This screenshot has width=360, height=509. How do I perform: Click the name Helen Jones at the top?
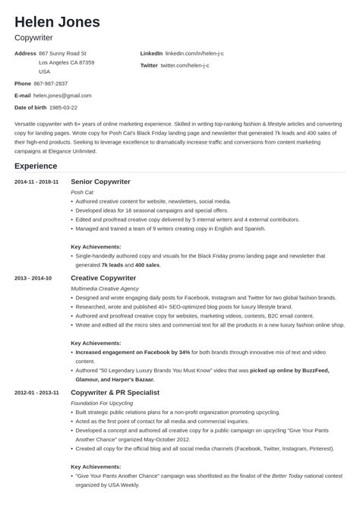[56, 21]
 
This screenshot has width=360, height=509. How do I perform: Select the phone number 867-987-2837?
[51, 83]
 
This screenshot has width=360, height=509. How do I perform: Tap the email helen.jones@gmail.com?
[62, 96]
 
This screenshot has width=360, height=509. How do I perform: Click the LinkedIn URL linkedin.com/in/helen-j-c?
[198, 54]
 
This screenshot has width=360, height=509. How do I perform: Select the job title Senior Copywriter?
[100, 182]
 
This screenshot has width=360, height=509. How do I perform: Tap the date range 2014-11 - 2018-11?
[36, 182]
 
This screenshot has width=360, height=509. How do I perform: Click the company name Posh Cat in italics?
[81, 193]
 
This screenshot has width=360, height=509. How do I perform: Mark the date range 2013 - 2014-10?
[33, 278]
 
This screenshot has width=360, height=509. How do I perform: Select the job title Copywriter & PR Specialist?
[115, 392]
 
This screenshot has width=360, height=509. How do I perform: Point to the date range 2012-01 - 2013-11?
[36, 392]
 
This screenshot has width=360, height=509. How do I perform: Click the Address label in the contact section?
[25, 54]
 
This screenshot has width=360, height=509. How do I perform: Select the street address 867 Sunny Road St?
[73, 54]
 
